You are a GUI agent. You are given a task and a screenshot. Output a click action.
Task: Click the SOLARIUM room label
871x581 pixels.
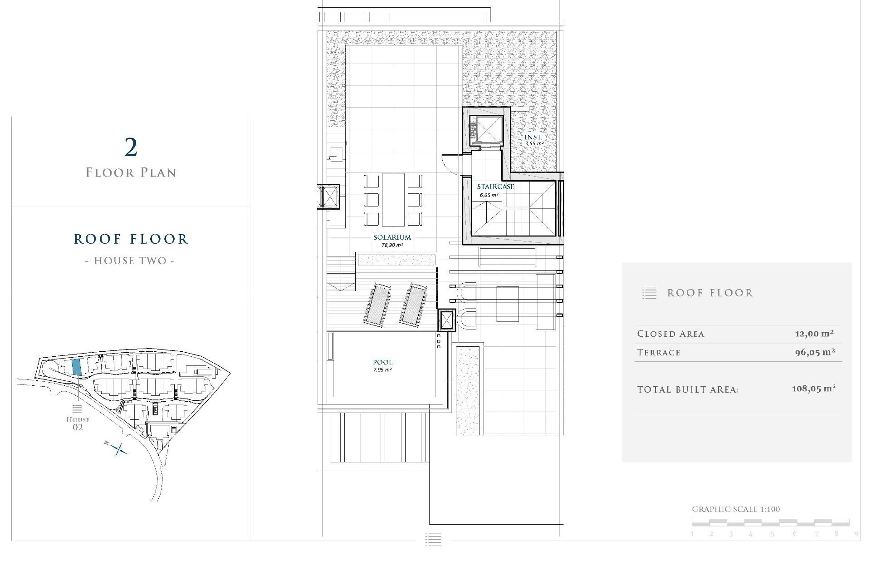pos(392,237)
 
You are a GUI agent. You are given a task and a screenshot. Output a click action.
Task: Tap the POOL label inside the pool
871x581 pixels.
pos(382,362)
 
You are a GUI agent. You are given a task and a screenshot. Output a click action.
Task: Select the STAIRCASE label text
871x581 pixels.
pos(495,187)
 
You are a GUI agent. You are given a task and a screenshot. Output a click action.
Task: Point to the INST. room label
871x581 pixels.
pos(533,137)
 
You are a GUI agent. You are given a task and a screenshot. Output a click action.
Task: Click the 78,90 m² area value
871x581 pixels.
pos(392,245)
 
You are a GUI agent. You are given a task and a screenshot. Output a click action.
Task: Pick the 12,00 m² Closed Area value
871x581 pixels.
pos(814,334)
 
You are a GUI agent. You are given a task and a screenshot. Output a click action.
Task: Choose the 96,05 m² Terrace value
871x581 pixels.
pos(815,352)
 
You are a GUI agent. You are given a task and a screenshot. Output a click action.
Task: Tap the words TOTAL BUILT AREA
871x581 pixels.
pos(688,389)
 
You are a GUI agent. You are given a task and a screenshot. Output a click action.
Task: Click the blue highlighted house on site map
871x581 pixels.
pos(77,367)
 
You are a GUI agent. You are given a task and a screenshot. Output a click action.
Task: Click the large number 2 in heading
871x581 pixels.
pos(131,148)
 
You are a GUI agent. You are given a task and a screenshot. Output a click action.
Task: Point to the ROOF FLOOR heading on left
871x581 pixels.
pos(131,239)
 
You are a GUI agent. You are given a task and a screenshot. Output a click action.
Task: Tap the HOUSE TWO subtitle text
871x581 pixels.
pos(130,261)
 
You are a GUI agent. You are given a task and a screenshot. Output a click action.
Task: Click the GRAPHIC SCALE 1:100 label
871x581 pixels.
pos(735,509)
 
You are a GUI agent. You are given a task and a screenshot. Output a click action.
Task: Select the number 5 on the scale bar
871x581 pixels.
pos(772,534)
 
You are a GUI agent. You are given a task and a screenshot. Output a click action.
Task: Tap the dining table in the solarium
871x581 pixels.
pos(393,199)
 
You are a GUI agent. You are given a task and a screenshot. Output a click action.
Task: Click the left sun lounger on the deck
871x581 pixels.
pos(377,304)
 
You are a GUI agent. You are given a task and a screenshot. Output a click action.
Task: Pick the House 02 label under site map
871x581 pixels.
pos(78,423)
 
